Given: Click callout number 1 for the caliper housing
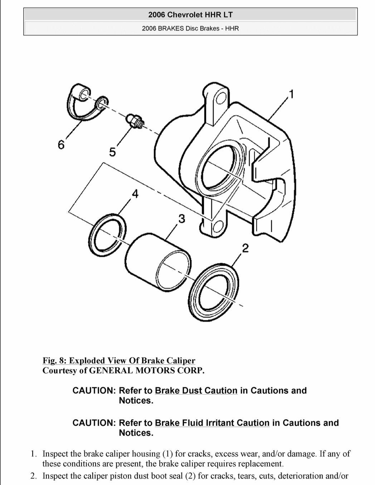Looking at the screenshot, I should pos(292,94).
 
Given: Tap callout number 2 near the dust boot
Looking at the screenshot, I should pos(245,248).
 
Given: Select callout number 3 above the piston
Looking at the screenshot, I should pos(182,218).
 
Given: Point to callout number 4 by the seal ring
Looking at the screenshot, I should pos(135,194).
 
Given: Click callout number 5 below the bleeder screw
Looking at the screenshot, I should pos(112,152).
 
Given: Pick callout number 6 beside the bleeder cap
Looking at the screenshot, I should pos(62,145).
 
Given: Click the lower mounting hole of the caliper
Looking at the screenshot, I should pos(217,226).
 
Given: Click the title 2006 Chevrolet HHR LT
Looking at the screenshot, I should pos(190,15).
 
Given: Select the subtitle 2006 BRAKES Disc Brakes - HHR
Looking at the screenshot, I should pos(190,28).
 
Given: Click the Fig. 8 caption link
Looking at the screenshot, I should pos(119,361).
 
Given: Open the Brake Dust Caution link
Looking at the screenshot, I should pos(196,391).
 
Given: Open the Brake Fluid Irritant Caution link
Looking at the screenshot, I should pos(212,423).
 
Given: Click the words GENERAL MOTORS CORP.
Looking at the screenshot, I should pos(147,370).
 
